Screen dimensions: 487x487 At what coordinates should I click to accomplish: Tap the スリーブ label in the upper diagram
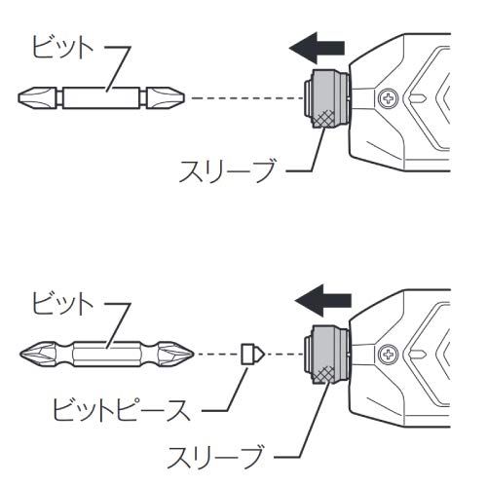[223, 176]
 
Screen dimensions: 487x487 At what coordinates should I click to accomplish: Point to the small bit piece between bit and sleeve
[249, 353]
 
